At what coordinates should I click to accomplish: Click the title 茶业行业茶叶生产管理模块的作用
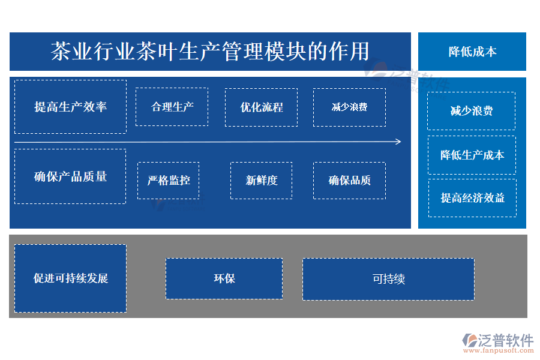pos(210,52)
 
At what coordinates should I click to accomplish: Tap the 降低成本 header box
pos(472,52)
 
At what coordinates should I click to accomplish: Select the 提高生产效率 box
pos(70,107)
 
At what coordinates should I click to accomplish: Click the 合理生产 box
pos(172,107)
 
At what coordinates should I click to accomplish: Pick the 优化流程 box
pos(261,107)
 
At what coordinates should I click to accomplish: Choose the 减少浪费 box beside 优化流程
pos(349,107)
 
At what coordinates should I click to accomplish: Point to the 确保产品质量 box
pos(70,176)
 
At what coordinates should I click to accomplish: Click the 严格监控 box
pos(169,180)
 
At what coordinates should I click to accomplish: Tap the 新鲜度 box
pos(262,180)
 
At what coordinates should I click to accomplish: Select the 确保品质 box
pos(349,180)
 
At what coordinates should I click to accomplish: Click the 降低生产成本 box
pos(472,155)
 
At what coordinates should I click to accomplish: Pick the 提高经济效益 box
pos(472,197)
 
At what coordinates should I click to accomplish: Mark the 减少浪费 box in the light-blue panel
pos(472,111)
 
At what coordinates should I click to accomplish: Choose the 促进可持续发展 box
pos(70,278)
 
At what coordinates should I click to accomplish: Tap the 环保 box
pos(224,278)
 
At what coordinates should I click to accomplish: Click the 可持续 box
pos(388,279)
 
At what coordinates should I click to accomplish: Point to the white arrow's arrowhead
pos(398,142)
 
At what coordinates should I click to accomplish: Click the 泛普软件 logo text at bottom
pos(505,340)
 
